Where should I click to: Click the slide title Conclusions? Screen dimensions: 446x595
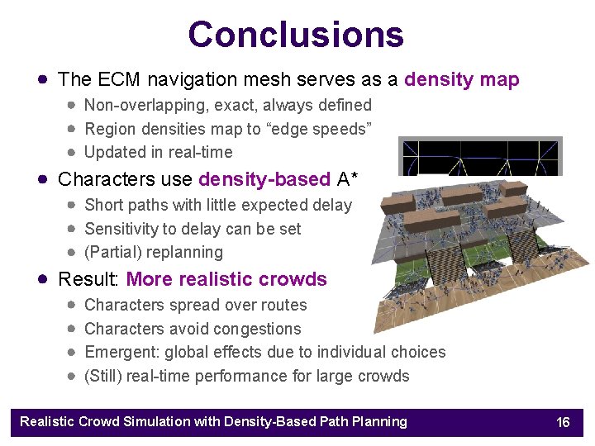pyautogui.click(x=296, y=35)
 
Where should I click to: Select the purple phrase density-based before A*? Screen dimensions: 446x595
pyautogui.click(x=264, y=179)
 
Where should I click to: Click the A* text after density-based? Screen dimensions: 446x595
pyautogui.click(x=350, y=179)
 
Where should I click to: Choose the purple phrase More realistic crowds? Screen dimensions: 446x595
pyautogui.click(x=226, y=279)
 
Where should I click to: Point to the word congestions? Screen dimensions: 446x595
pyautogui.click(x=257, y=329)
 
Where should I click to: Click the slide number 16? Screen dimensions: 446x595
pyautogui.click(x=563, y=422)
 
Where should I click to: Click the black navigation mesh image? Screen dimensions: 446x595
pyautogui.click(x=480, y=156)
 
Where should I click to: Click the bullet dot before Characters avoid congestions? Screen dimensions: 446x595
pyautogui.click(x=73, y=329)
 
